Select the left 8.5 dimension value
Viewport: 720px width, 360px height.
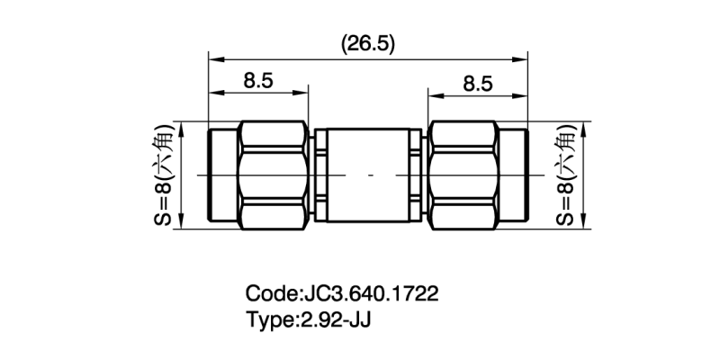[x=258, y=81]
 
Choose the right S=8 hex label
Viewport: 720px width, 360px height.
[x=565, y=176]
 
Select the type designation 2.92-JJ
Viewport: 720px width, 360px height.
[x=334, y=319]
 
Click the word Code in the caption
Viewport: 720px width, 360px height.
[x=269, y=294]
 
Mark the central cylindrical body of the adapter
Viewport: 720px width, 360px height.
[x=368, y=175]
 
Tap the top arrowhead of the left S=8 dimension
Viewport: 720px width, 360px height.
[x=183, y=125]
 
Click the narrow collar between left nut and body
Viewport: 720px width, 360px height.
[x=320, y=175]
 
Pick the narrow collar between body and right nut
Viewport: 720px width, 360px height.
[x=416, y=175]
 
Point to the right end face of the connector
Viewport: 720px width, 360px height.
[x=526, y=175]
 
